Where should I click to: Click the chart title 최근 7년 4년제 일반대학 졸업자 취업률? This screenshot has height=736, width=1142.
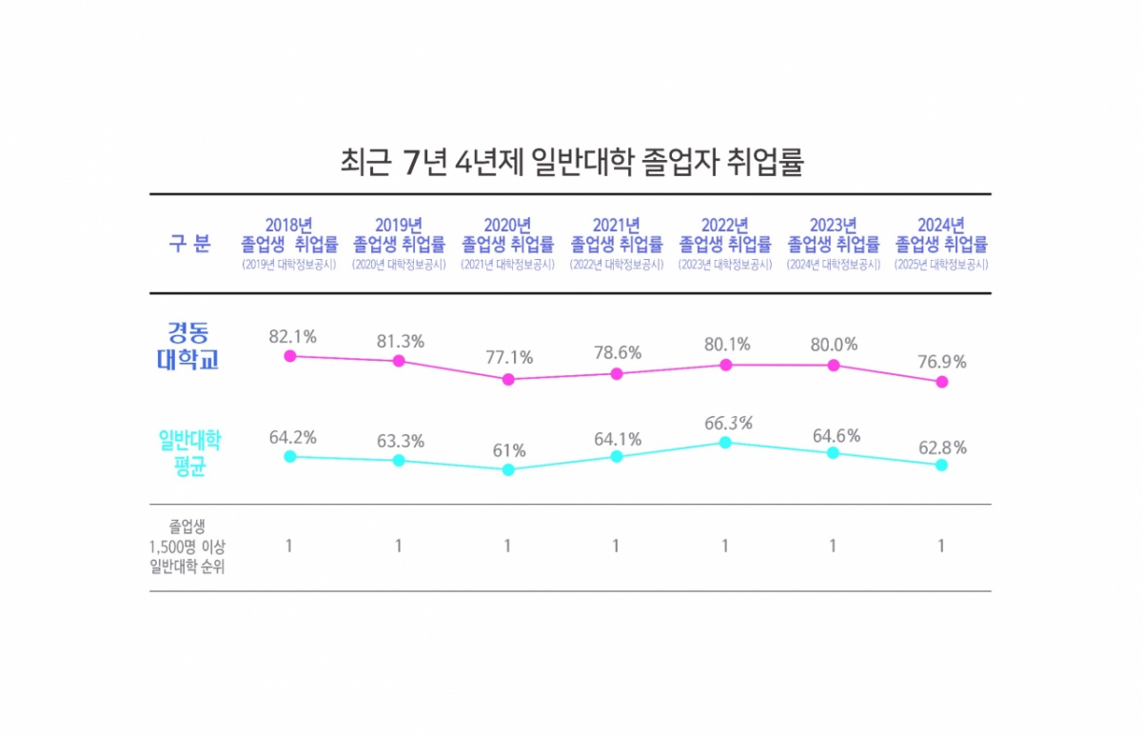click(572, 161)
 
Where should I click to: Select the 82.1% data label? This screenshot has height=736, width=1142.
click(292, 336)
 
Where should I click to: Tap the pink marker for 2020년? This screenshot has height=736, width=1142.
click(508, 379)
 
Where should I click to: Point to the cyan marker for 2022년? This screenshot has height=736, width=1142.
click(725, 442)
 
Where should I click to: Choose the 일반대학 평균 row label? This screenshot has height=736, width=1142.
click(189, 453)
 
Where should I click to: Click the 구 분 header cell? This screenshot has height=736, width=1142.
click(189, 243)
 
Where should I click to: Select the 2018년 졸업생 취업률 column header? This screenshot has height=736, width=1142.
click(289, 235)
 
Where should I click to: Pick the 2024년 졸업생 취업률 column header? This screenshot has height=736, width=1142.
click(941, 235)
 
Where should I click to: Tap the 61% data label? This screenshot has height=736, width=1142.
click(508, 450)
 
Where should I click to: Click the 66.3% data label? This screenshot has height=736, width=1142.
click(728, 423)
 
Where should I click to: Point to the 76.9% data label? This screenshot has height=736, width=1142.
click(942, 362)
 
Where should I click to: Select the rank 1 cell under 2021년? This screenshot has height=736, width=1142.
click(616, 547)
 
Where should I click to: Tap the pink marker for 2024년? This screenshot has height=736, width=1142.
click(942, 382)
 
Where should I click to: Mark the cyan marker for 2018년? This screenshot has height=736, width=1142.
click(290, 456)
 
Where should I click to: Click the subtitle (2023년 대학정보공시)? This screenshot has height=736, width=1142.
click(724, 266)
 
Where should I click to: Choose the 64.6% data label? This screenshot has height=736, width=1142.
click(835, 436)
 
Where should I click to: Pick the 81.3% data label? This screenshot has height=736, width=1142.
click(400, 341)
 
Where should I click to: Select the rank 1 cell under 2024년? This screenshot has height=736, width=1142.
click(941, 547)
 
